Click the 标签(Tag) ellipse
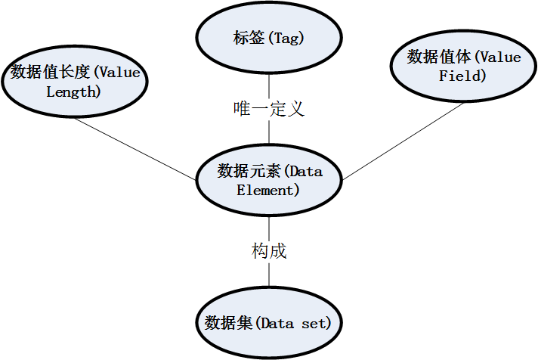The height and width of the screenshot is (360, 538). click(x=269, y=37)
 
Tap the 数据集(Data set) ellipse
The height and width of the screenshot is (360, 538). click(x=269, y=323)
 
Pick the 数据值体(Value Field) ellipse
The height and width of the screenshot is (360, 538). click(x=463, y=67)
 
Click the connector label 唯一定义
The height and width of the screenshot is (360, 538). click(x=269, y=109)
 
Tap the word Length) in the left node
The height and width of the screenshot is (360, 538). click(x=73, y=92)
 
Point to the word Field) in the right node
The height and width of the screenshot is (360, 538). click(x=462, y=76)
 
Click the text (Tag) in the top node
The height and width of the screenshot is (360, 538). click(x=292, y=37)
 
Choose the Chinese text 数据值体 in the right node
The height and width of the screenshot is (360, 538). click(x=439, y=57)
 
